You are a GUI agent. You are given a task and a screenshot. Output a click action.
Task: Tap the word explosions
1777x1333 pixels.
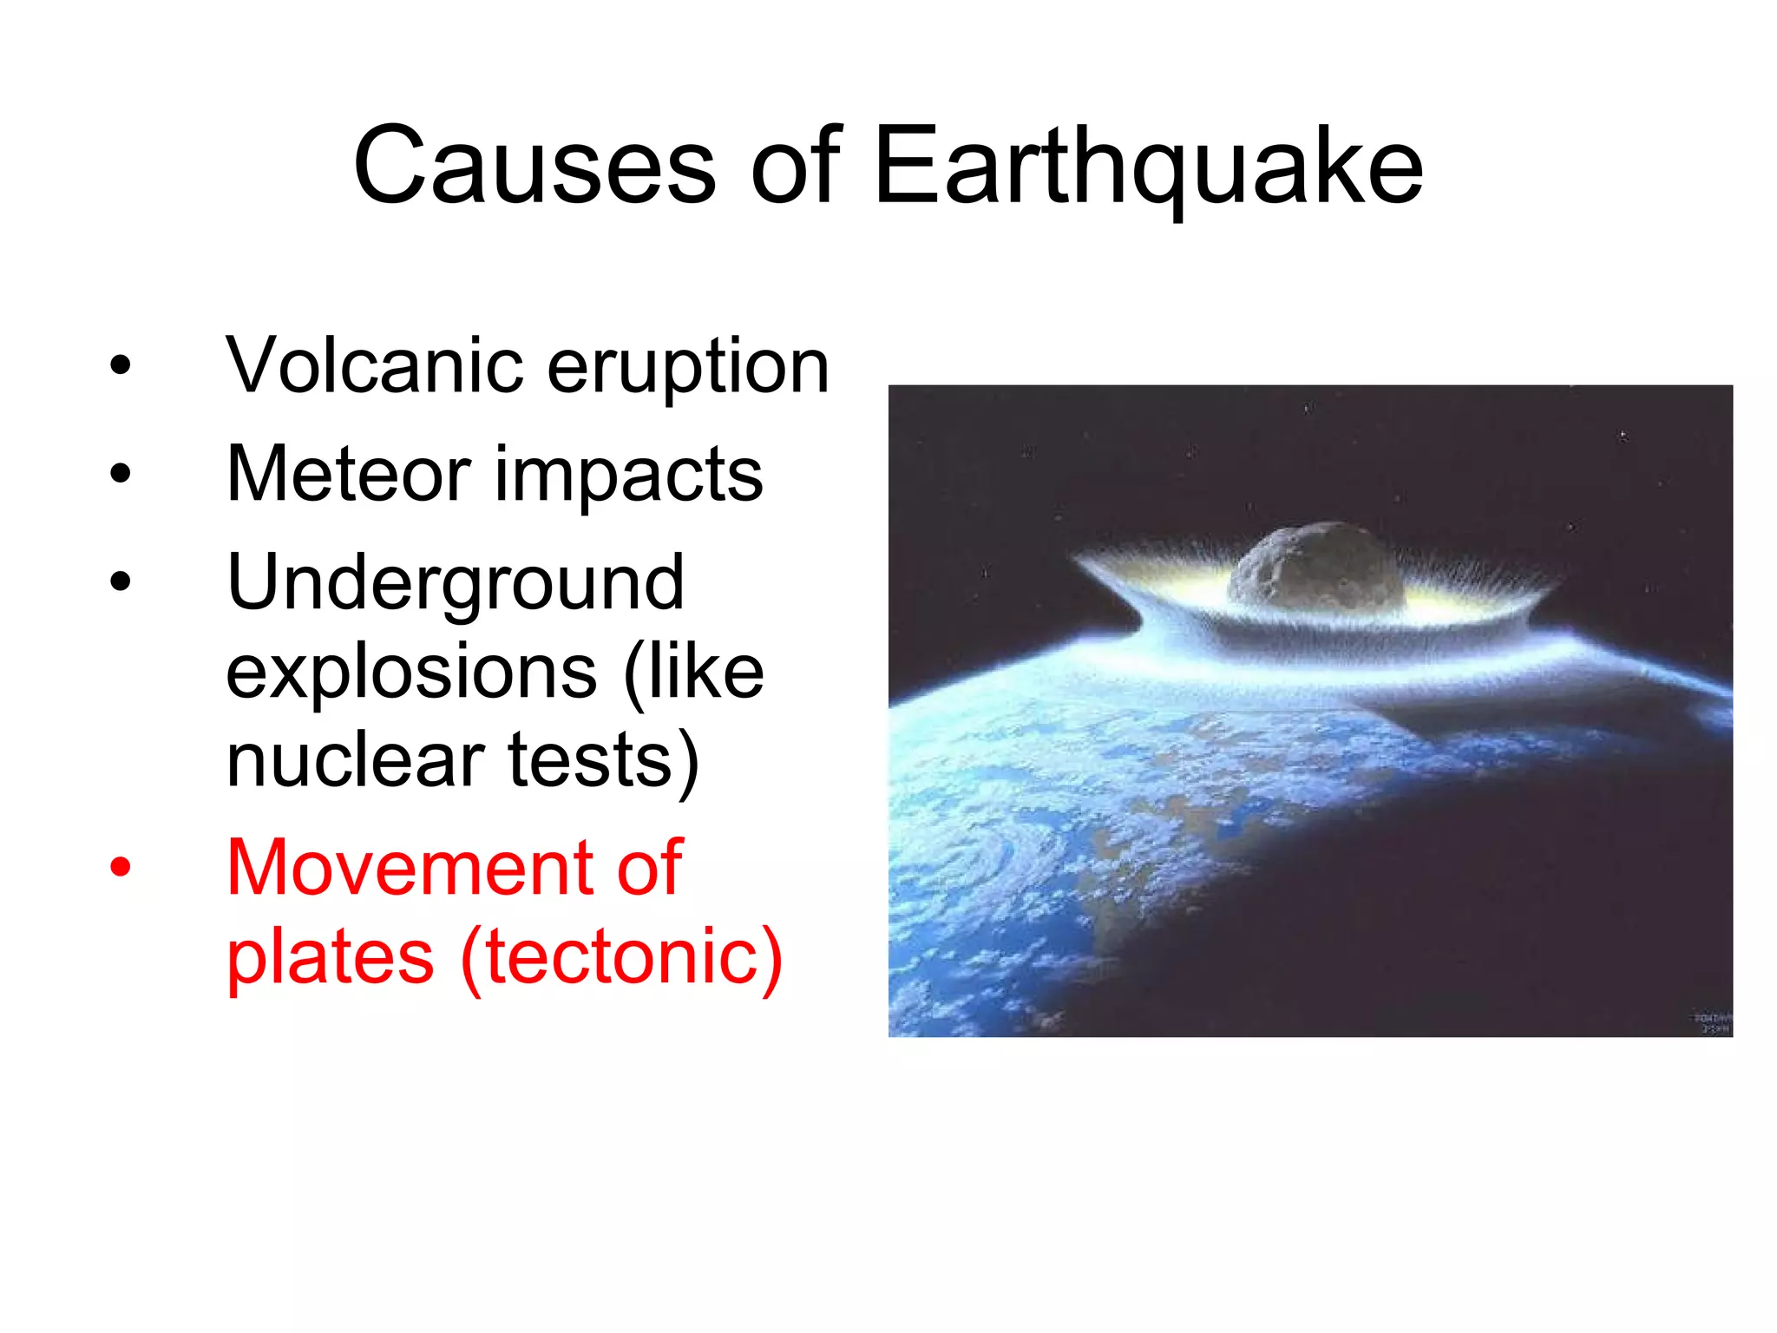[x=411, y=673]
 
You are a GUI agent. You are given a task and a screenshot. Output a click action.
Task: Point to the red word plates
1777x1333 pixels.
[x=330, y=959]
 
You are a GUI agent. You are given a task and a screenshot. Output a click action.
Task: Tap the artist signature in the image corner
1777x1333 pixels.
[x=1712, y=1023]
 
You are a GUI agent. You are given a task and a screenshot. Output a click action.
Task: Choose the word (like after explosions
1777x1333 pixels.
[x=693, y=673]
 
